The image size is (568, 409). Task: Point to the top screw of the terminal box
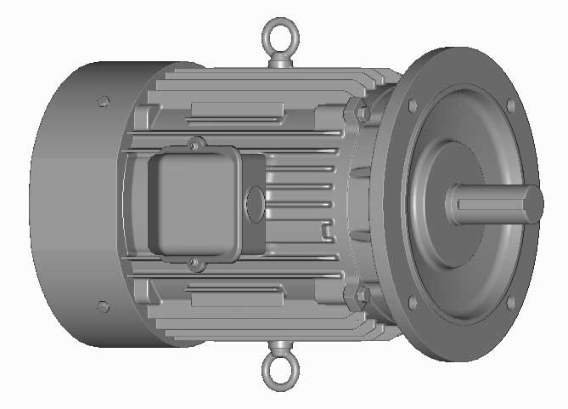(x=196, y=142)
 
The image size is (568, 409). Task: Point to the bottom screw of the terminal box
(x=194, y=264)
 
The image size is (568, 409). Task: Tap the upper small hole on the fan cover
(x=104, y=101)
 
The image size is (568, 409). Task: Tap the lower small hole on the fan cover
(x=103, y=304)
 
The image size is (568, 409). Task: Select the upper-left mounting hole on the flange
(x=412, y=105)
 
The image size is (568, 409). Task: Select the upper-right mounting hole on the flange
(x=510, y=105)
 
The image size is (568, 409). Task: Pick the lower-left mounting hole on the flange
(x=412, y=303)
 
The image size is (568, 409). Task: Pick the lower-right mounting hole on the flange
(x=510, y=301)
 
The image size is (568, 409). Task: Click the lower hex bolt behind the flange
(x=360, y=295)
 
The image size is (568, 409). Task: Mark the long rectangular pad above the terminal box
(x=238, y=111)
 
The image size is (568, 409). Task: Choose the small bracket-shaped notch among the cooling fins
(x=328, y=229)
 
